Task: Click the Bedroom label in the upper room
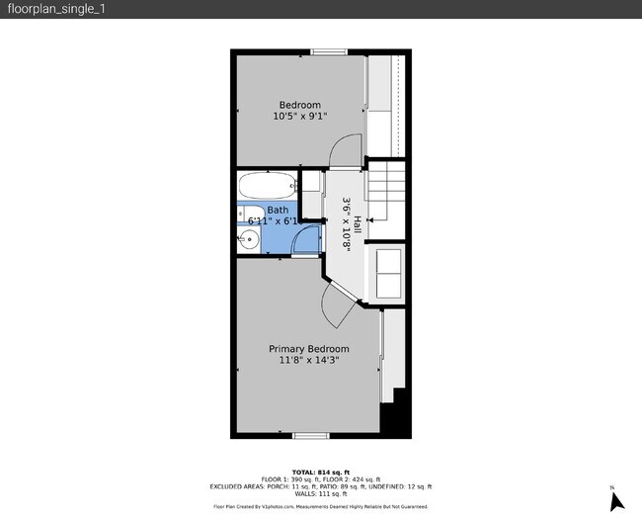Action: (x=299, y=106)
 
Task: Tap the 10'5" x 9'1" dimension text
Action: (x=299, y=117)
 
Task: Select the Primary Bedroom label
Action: (x=309, y=349)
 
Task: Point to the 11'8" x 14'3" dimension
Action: (x=309, y=361)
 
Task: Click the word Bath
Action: (x=278, y=210)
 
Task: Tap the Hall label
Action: (x=358, y=225)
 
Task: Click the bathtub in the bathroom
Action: (x=267, y=185)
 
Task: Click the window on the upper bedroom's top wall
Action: (x=328, y=51)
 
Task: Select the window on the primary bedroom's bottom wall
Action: (x=310, y=435)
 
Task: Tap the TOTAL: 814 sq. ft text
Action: (x=320, y=472)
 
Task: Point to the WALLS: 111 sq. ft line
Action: (x=320, y=492)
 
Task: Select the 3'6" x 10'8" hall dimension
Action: (x=347, y=225)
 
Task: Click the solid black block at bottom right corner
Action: (x=396, y=416)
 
